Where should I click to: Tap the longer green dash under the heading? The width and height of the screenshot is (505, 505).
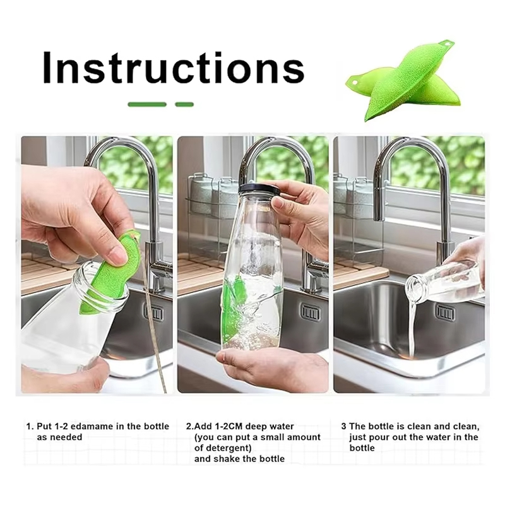tap(147, 104)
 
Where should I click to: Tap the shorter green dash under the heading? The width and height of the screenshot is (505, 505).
tap(184, 104)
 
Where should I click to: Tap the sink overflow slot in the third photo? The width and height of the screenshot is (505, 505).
tap(446, 312)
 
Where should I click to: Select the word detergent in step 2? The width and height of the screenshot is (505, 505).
tap(229, 448)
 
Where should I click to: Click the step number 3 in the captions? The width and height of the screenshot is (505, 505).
tap(343, 427)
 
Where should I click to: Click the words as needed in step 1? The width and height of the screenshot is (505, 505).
tap(59, 437)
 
